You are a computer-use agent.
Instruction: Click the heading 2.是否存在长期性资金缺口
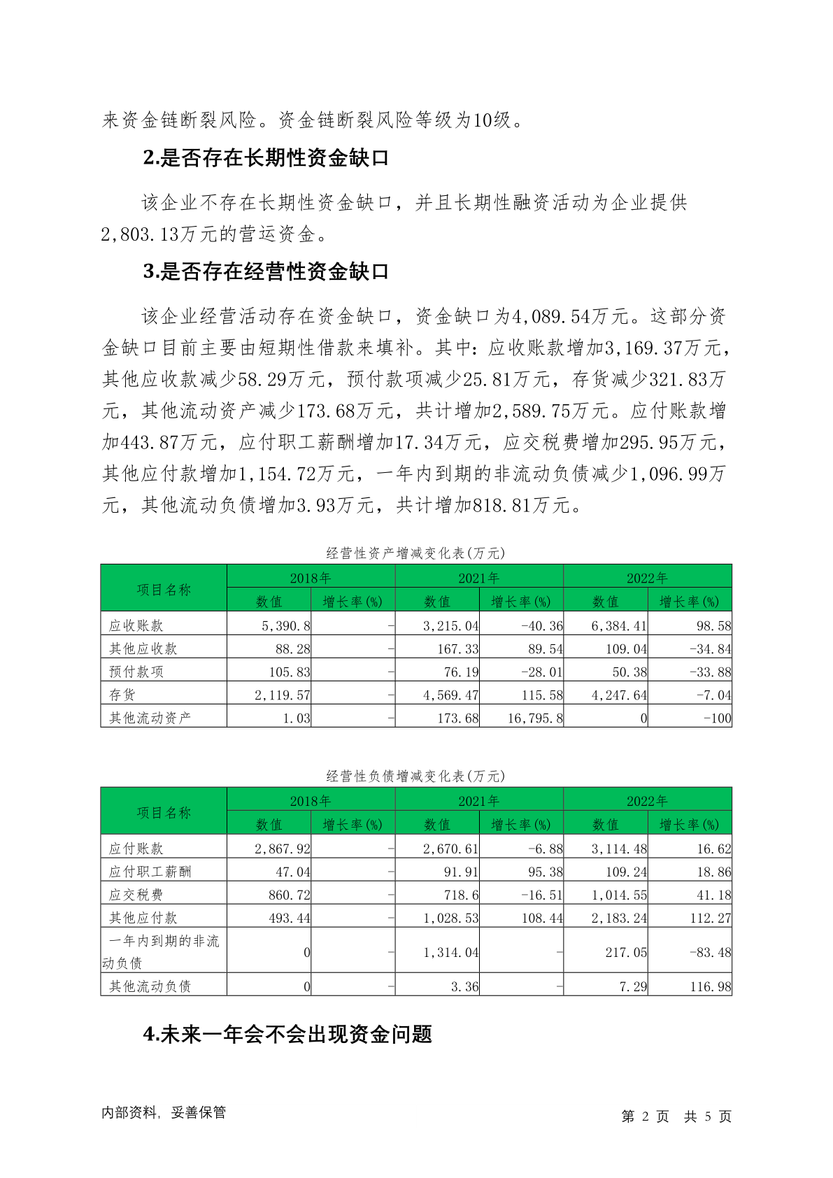pos(266,159)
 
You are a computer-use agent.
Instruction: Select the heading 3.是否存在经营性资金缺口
pos(266,272)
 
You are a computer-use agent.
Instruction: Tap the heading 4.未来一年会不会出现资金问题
pos(287,1034)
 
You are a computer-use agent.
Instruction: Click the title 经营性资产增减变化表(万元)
pos(415,553)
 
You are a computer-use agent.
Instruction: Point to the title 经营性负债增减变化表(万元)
pos(415,776)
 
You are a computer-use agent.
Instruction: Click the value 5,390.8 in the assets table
pos(286,625)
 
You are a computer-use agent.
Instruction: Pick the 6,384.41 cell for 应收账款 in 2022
pos(619,625)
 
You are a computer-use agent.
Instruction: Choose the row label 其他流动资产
pos(150,718)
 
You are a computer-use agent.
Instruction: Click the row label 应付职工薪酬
pos(150,872)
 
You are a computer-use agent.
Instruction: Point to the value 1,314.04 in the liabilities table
pos(451,952)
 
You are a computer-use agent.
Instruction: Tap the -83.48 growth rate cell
pos(710,952)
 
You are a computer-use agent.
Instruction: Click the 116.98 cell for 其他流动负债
pos(710,986)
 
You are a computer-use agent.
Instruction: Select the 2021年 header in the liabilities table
pos(478,801)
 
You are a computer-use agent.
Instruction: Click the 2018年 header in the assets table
pos(311,578)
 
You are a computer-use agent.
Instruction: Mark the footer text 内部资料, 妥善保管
pos(164,1112)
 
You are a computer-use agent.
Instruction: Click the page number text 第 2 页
pos(645,1116)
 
